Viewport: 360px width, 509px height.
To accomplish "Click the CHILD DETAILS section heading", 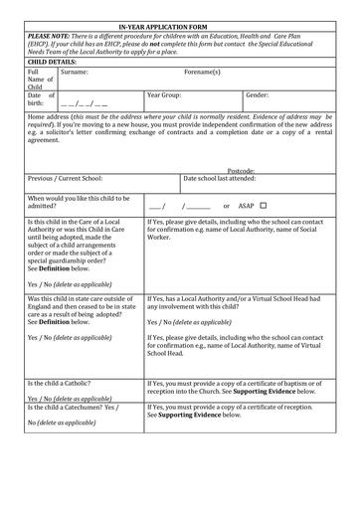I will (56, 61).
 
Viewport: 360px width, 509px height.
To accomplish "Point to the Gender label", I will (257, 95).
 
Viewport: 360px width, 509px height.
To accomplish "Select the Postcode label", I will (241, 171).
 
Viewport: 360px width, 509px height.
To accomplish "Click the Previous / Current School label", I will (67, 179).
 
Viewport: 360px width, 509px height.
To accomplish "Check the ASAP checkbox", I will (264, 205).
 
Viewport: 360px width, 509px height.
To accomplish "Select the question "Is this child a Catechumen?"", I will (73, 408).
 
